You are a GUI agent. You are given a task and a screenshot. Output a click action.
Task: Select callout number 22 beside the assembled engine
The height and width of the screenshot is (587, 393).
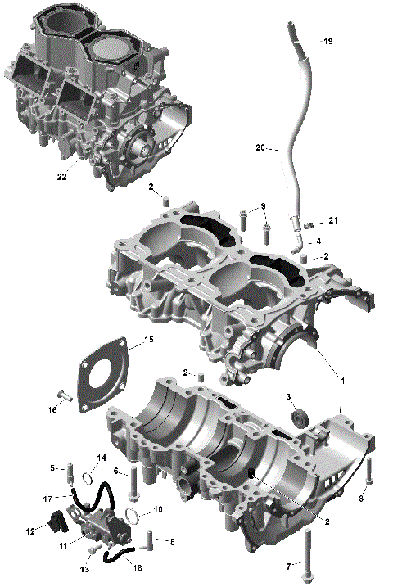62,176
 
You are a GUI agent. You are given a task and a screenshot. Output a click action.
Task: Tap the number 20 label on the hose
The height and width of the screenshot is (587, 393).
260,148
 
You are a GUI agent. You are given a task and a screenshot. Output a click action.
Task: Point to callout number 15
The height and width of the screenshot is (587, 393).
148,339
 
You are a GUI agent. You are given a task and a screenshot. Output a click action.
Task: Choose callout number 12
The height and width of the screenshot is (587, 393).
30,531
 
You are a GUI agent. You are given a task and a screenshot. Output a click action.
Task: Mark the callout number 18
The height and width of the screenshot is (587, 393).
137,567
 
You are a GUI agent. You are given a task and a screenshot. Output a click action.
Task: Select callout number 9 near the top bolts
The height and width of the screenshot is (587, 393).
240,205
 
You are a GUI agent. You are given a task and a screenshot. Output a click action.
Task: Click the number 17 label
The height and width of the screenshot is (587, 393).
47,497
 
